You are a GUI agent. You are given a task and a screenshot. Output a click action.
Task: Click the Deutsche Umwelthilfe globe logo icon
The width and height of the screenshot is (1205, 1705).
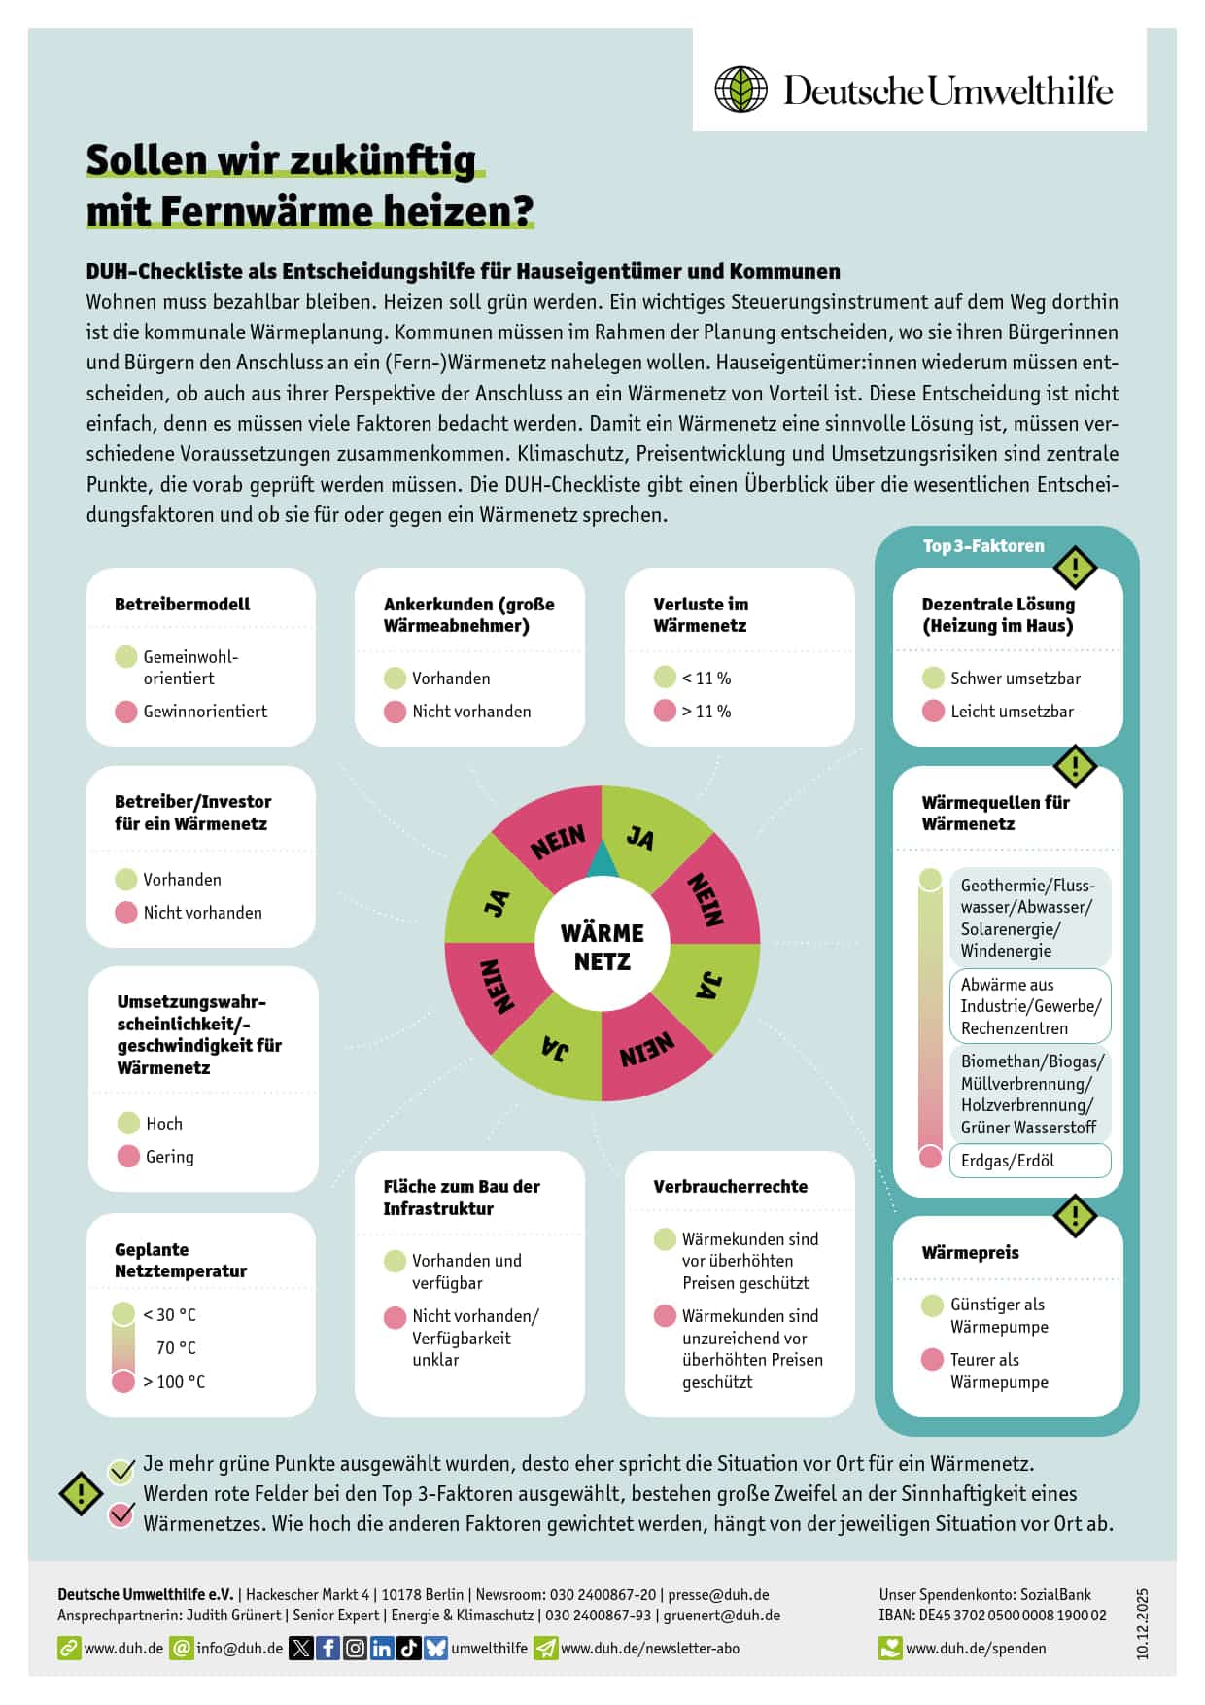click(741, 89)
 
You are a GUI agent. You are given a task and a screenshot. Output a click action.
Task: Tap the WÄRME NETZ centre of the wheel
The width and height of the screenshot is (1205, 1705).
click(602, 947)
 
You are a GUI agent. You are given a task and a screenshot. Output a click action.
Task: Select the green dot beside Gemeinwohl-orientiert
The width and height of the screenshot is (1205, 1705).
click(126, 657)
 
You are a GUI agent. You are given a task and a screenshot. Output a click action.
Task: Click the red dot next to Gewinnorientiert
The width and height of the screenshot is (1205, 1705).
click(126, 712)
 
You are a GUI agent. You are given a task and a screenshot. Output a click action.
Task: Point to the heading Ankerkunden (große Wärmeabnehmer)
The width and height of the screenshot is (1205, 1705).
click(468, 614)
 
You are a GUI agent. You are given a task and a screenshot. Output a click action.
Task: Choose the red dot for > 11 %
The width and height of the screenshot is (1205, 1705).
click(665, 711)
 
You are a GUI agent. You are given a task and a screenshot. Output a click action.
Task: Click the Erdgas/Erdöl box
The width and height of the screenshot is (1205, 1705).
click(1029, 1161)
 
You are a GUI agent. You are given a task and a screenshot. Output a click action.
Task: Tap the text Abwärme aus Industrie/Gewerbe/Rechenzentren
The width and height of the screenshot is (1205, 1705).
click(1029, 1006)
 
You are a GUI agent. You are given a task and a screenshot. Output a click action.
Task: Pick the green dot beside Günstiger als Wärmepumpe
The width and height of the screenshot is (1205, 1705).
click(932, 1305)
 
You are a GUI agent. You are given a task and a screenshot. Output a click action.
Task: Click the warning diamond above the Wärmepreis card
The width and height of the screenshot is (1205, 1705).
click(1075, 1215)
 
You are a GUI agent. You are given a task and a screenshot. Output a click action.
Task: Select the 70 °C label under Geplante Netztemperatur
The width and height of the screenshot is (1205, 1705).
click(176, 1348)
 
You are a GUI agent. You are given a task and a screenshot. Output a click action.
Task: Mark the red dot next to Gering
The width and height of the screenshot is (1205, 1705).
click(128, 1156)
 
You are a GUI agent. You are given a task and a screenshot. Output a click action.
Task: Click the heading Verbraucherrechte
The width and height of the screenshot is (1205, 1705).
click(730, 1186)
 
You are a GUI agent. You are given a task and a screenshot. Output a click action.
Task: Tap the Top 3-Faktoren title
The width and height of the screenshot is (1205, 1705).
click(983, 546)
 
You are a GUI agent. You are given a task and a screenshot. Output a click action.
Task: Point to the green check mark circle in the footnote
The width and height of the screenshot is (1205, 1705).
click(121, 1471)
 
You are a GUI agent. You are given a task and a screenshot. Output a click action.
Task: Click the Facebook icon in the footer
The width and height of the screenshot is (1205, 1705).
click(327, 1648)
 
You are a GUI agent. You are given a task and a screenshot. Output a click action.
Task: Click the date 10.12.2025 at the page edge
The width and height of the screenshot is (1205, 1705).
click(1143, 1623)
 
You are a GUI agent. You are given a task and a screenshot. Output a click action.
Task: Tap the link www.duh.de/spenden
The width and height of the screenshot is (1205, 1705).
click(976, 1649)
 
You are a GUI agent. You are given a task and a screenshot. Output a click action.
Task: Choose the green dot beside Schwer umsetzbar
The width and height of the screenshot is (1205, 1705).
click(933, 678)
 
